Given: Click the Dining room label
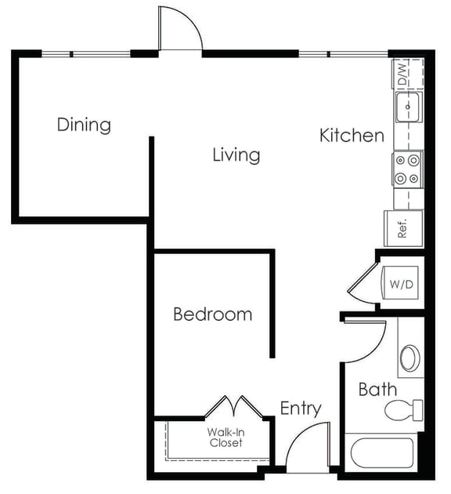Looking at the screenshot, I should coord(84,125).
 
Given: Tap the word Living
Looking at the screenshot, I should coord(236,155).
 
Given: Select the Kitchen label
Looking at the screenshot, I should coord(352,136).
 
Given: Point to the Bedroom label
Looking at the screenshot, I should coord(212,314).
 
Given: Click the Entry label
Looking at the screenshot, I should coord(301,409).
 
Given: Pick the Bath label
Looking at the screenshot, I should coord(377,389).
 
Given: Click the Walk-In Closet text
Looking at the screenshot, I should coord(225,438).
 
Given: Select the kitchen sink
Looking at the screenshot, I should coord(408,109).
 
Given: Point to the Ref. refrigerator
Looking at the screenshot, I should coord(403,228).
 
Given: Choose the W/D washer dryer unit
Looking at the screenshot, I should coord(401,285).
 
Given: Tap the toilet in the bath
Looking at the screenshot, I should coord(406,409).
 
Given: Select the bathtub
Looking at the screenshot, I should coord(383,454).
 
